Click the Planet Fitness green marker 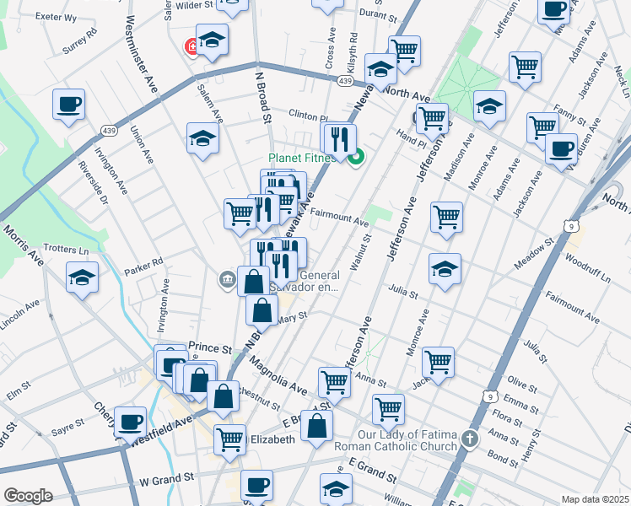point(356,155)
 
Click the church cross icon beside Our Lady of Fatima point(471,438)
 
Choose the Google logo point(28,496)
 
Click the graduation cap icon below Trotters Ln point(82,277)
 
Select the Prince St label point(210,347)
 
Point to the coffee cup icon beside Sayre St point(130,422)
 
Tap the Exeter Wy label point(56,17)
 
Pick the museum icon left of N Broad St point(227,280)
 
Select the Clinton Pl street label point(307,117)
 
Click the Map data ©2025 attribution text point(595,498)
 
